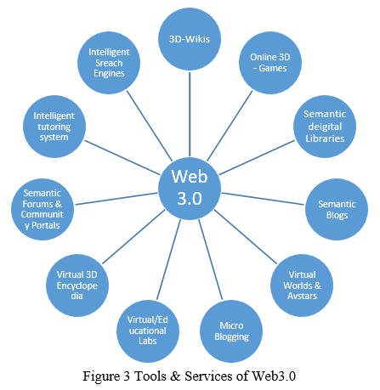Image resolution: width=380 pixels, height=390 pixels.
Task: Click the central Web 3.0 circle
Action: pos(190,189)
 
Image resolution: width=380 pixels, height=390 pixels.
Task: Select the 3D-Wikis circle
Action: pos(190,39)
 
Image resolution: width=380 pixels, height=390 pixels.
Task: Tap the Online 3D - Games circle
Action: pos(270,63)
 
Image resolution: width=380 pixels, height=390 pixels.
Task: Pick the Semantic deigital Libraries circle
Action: pos(325,127)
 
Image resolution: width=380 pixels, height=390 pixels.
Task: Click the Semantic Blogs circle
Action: pos(337,209)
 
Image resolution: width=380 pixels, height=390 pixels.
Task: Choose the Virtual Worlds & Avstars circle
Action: pos(302,285)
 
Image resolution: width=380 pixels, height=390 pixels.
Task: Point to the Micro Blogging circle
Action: pos(231,331)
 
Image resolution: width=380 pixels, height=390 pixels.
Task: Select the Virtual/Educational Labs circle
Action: pos(148,331)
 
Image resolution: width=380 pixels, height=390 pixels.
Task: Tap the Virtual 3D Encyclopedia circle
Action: pos(77,285)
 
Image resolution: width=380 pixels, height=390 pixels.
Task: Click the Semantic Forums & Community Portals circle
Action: pos(43,209)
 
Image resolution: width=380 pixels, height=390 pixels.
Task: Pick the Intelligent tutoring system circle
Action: pos(54,127)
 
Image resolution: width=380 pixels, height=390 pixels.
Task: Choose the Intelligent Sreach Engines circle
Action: pos(109,63)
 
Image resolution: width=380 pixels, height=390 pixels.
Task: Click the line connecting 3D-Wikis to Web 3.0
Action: pos(190,114)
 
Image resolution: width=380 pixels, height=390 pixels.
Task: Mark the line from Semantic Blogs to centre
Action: pos(263,199)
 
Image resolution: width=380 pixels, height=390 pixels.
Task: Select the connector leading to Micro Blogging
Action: pos(211,259)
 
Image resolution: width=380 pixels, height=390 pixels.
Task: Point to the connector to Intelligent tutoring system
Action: pos(122,157)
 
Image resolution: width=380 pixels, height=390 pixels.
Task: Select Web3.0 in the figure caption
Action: pos(274,376)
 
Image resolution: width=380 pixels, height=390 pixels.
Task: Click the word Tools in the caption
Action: pos(150,376)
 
